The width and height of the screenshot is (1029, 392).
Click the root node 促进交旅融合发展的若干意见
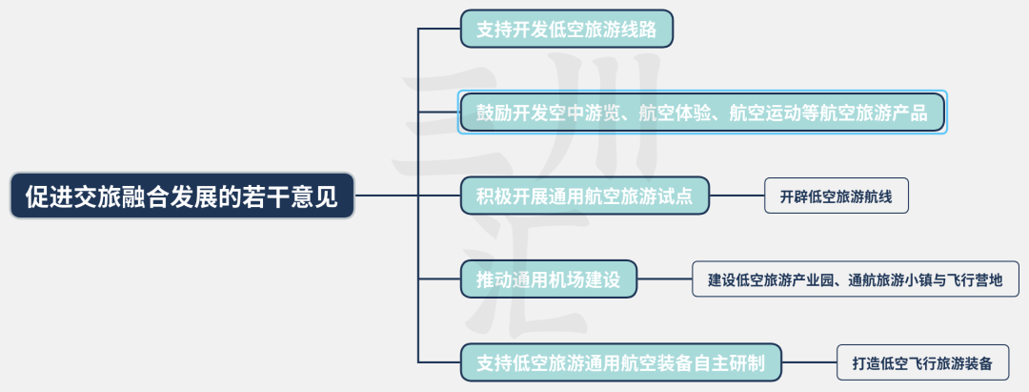(182, 196)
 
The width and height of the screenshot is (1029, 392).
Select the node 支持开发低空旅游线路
(567, 29)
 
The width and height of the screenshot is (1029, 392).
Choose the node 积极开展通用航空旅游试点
(584, 196)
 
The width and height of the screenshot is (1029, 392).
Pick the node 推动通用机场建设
(548, 279)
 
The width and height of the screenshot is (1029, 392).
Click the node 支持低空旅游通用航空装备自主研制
(620, 362)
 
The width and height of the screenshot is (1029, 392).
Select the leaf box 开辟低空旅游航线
(836, 197)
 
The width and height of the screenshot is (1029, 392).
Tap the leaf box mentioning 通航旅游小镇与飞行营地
(855, 280)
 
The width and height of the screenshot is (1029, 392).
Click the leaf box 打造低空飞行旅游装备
(921, 363)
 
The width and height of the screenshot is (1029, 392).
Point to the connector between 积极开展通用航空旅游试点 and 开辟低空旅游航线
(736, 196)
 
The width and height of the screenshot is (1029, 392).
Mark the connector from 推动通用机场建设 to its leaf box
(664, 279)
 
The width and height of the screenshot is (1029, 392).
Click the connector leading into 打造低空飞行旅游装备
(809, 362)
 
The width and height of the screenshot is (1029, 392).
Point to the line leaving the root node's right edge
(386, 196)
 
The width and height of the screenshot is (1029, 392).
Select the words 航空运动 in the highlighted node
(765, 113)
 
